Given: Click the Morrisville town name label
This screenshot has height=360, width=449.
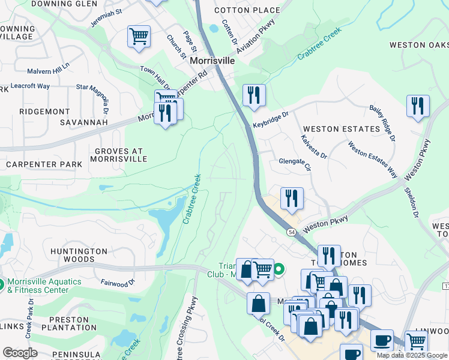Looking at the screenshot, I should pyautogui.click(x=211, y=61).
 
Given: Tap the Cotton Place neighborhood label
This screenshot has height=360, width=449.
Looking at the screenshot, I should pyautogui.click(x=247, y=10).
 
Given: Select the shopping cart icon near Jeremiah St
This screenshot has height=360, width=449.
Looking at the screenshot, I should pyautogui.click(x=139, y=36).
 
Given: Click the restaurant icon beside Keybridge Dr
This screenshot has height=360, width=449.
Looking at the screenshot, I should pyautogui.click(x=254, y=94).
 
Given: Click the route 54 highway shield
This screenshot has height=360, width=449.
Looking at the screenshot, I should pyautogui.click(x=291, y=232).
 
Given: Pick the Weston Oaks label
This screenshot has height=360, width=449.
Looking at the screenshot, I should pyautogui.click(x=418, y=45).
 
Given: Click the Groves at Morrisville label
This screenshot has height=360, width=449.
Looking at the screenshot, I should pyautogui.click(x=118, y=155).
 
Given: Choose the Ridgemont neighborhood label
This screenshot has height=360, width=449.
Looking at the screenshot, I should pyautogui.click(x=45, y=112).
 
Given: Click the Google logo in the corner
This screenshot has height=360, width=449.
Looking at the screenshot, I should pyautogui.click(x=20, y=353).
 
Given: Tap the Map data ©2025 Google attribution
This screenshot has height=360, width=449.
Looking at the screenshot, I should pyautogui.click(x=411, y=355).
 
